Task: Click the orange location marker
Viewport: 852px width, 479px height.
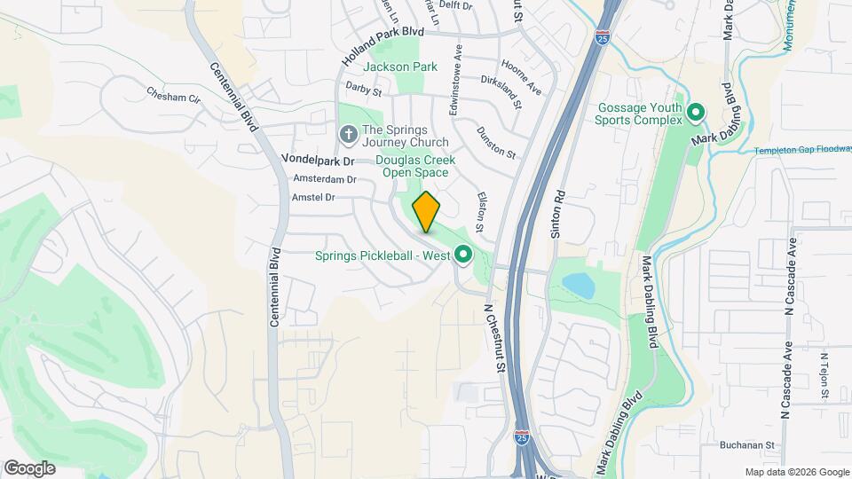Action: click(427, 211)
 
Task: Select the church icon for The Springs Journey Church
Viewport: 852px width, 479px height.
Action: click(349, 134)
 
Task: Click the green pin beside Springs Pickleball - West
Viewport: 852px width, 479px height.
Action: click(462, 255)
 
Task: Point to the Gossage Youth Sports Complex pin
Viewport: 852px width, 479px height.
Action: click(696, 113)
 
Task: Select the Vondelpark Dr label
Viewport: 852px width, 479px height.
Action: click(318, 161)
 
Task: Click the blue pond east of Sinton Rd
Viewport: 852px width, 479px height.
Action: click(578, 285)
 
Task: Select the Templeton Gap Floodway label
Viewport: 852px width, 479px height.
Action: click(802, 151)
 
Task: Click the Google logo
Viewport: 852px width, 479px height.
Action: click(29, 467)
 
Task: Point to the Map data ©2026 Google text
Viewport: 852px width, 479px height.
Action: click(796, 472)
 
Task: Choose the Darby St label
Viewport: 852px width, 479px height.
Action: click(363, 90)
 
